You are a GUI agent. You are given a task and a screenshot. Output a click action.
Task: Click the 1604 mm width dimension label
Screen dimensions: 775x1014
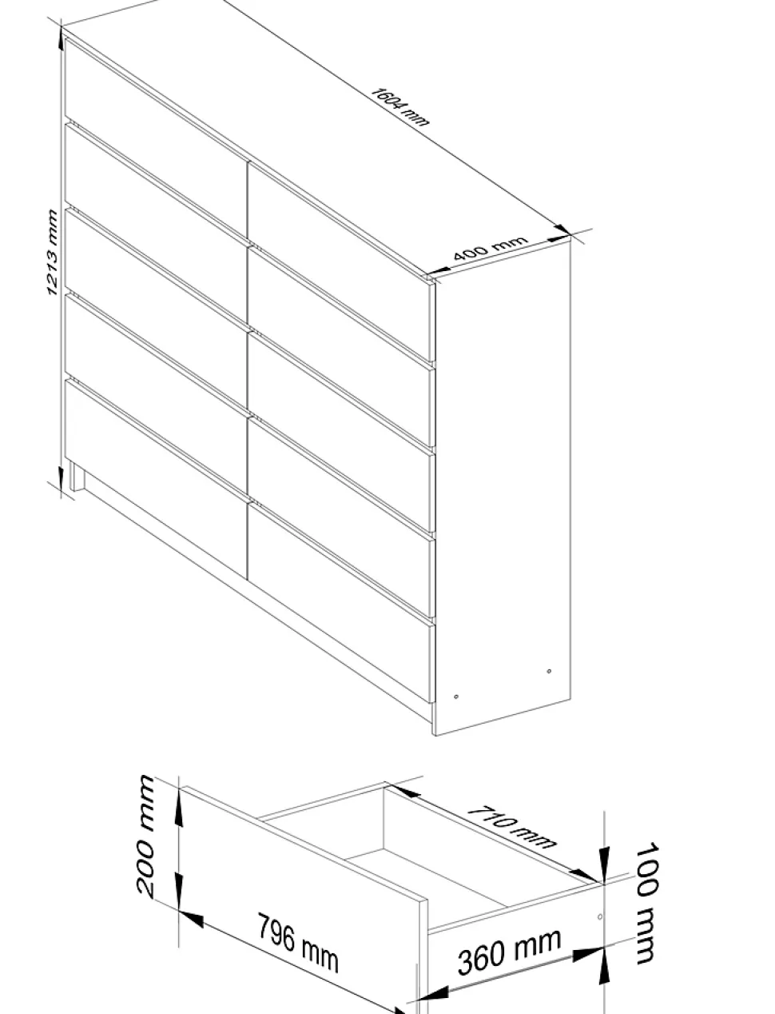point(399,106)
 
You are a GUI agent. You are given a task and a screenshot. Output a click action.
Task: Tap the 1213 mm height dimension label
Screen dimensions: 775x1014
point(52,252)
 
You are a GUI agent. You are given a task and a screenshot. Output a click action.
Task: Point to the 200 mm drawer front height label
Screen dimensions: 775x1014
point(146,836)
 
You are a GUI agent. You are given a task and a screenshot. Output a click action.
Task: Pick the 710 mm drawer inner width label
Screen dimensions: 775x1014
point(511,828)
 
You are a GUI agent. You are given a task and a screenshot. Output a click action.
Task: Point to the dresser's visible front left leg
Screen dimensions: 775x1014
point(77,474)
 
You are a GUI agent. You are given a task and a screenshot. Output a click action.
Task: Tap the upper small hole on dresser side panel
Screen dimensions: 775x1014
point(549,671)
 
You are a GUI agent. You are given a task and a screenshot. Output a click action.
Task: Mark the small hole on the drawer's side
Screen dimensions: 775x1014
point(599,917)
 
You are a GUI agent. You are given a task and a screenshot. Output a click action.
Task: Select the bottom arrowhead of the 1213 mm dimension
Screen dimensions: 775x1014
point(62,477)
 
